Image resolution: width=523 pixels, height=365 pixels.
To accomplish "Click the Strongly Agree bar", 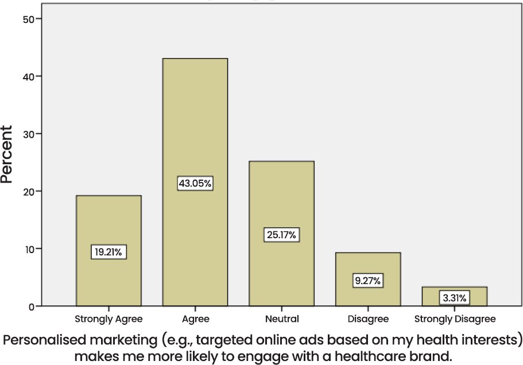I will click(x=109, y=224).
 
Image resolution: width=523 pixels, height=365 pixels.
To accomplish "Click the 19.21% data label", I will click(x=109, y=252).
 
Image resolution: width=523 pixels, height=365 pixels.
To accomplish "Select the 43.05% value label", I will click(x=195, y=184).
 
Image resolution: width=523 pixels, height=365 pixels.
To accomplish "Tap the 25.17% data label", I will click(x=281, y=235).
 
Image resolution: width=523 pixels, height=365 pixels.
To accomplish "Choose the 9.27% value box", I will click(x=367, y=281).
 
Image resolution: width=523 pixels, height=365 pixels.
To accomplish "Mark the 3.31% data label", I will click(x=454, y=298).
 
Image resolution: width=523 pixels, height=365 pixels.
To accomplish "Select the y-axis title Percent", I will click(x=7, y=154).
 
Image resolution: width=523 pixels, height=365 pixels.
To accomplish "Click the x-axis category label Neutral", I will click(x=281, y=319).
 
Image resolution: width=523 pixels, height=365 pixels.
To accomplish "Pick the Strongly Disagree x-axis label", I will click(x=454, y=319).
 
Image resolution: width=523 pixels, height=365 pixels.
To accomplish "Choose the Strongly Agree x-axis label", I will click(x=109, y=319).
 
